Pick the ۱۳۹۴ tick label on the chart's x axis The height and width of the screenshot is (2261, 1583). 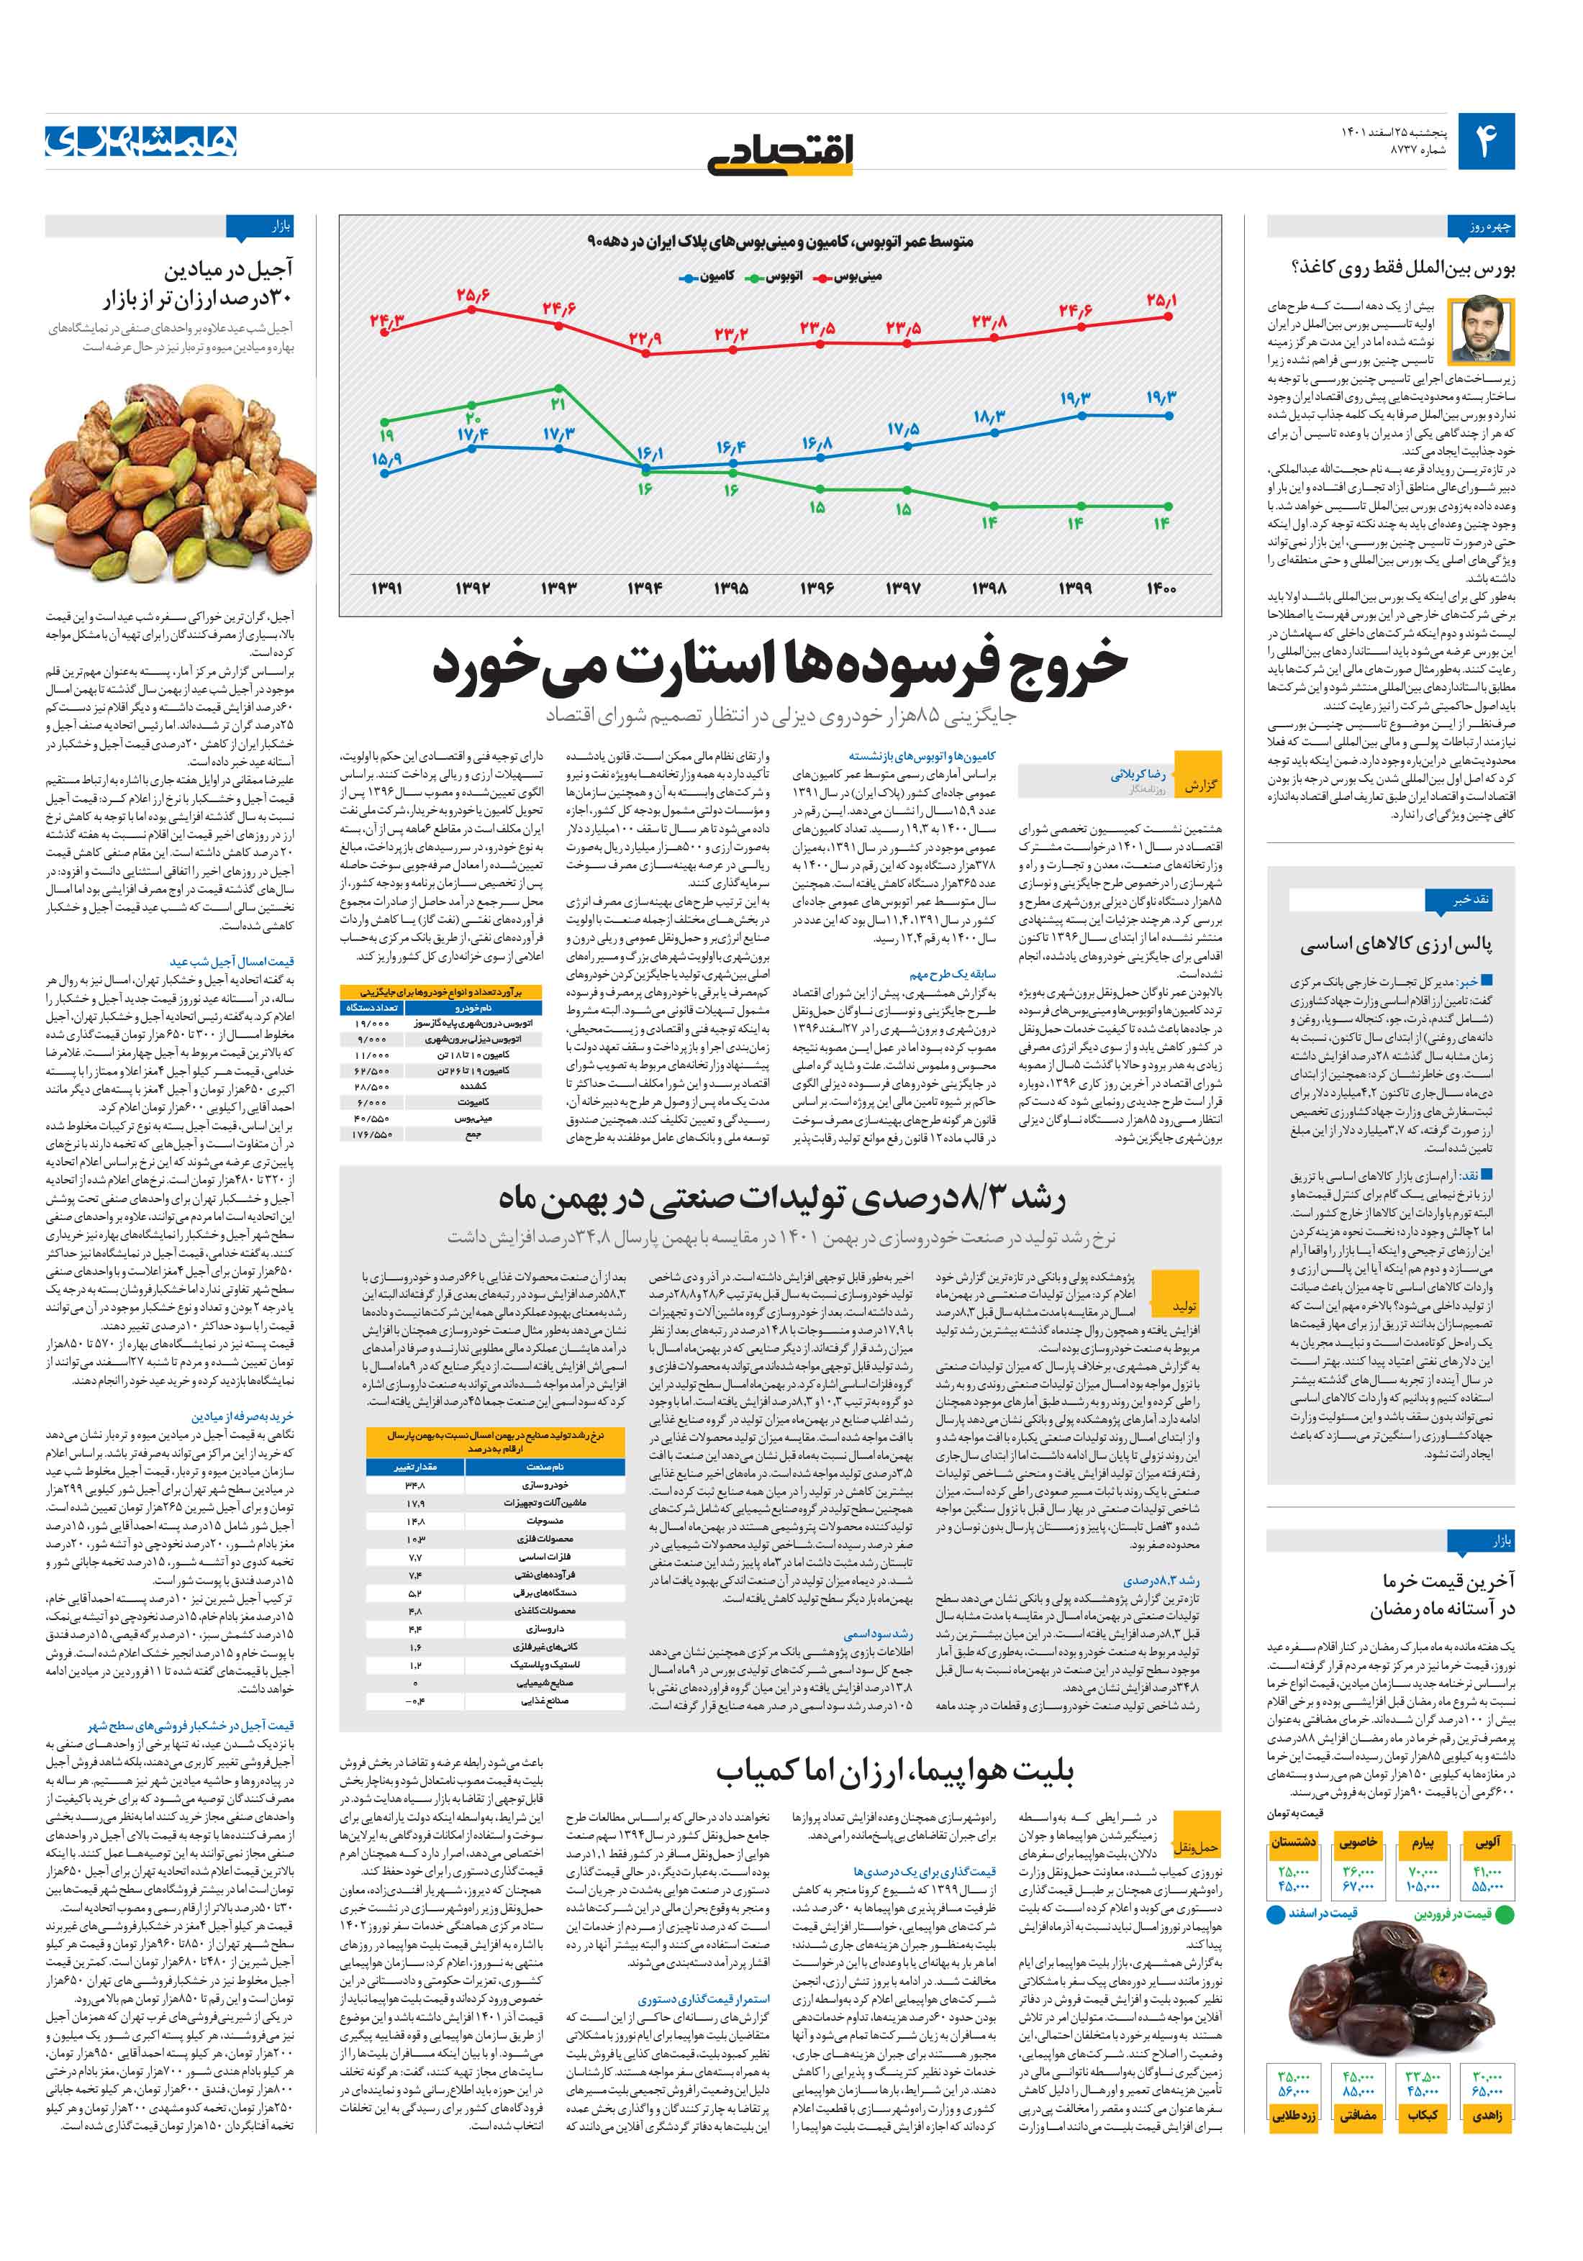coord(645,588)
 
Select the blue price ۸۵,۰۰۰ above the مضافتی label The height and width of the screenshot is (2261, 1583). coord(1357,2085)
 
